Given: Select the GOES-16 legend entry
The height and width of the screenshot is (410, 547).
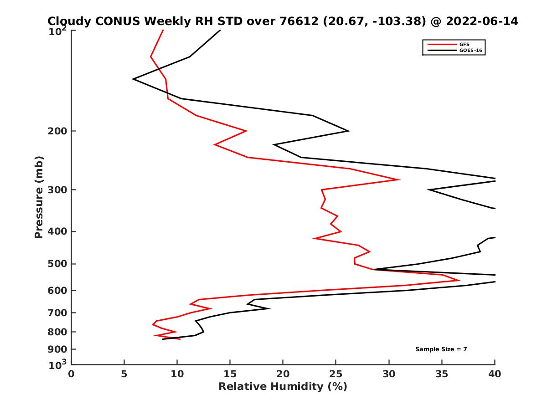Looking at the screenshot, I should coord(470,50).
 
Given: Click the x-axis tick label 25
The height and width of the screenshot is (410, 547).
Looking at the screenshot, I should coord(336,374).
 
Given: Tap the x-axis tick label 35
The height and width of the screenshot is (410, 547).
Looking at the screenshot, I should coord(442,374).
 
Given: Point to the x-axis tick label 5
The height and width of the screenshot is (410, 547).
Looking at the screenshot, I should coord(124,374).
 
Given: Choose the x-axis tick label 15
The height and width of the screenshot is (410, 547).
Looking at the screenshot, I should coord(230,374).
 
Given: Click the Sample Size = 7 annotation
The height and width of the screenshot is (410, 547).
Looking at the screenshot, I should coord(441,349).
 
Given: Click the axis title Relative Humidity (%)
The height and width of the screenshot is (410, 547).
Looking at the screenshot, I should coord(283,387).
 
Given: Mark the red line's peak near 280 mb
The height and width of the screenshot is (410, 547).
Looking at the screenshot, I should coord(400,179).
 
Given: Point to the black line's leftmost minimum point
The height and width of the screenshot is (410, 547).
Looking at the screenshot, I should coord(133,79).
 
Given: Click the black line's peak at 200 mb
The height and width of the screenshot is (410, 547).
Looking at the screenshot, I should coord(349,131).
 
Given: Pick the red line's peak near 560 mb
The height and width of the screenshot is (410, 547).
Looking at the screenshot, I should coord(459,280).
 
